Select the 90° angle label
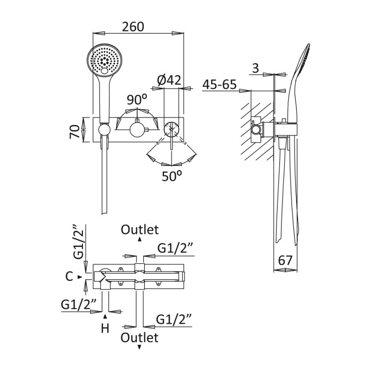[138, 98]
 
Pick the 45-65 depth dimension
[220, 85]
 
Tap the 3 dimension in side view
[256, 68]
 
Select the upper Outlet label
[140, 230]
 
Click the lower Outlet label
[140, 338]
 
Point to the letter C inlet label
[70, 277]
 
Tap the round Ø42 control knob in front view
[171, 129]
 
